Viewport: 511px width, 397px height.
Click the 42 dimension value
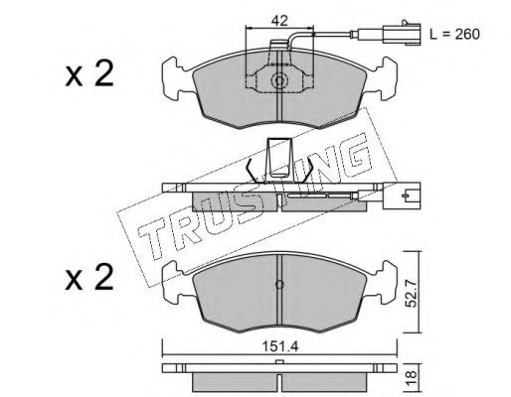point(279,21)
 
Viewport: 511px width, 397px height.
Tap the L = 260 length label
point(454,34)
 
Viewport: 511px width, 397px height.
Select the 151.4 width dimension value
point(280,346)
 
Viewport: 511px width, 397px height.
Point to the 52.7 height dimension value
point(412,293)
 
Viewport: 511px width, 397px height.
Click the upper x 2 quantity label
point(89,74)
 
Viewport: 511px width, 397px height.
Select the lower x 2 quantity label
point(89,278)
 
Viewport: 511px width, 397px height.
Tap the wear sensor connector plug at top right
point(402,33)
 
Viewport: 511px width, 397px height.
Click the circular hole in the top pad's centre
point(279,80)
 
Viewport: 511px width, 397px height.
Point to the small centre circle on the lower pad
point(279,284)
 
